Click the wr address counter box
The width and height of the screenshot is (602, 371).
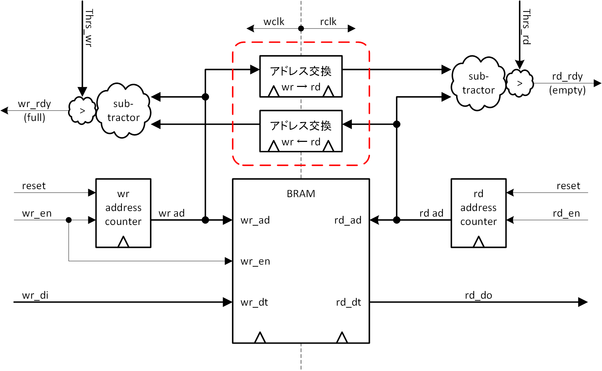123,213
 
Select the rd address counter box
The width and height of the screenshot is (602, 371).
478,213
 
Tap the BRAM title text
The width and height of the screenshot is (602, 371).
301,194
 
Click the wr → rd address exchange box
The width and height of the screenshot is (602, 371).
301,76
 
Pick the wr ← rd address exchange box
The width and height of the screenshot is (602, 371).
301,131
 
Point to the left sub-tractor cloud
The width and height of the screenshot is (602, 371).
123,111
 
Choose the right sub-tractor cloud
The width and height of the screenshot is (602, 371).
478,83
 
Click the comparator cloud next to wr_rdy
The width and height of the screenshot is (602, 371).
82,111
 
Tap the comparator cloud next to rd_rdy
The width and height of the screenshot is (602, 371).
520,83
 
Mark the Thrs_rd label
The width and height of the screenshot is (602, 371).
527,27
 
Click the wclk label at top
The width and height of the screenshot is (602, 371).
274,22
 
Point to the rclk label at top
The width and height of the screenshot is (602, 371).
328,22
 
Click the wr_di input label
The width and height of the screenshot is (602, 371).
35,295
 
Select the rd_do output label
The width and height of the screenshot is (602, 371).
478,295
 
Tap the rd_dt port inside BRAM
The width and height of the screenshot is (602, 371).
348,302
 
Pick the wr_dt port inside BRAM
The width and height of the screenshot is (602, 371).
254,302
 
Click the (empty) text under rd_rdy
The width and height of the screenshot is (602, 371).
567,90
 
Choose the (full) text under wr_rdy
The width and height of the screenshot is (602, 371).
34,118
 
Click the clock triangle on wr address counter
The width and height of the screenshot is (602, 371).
123,242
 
